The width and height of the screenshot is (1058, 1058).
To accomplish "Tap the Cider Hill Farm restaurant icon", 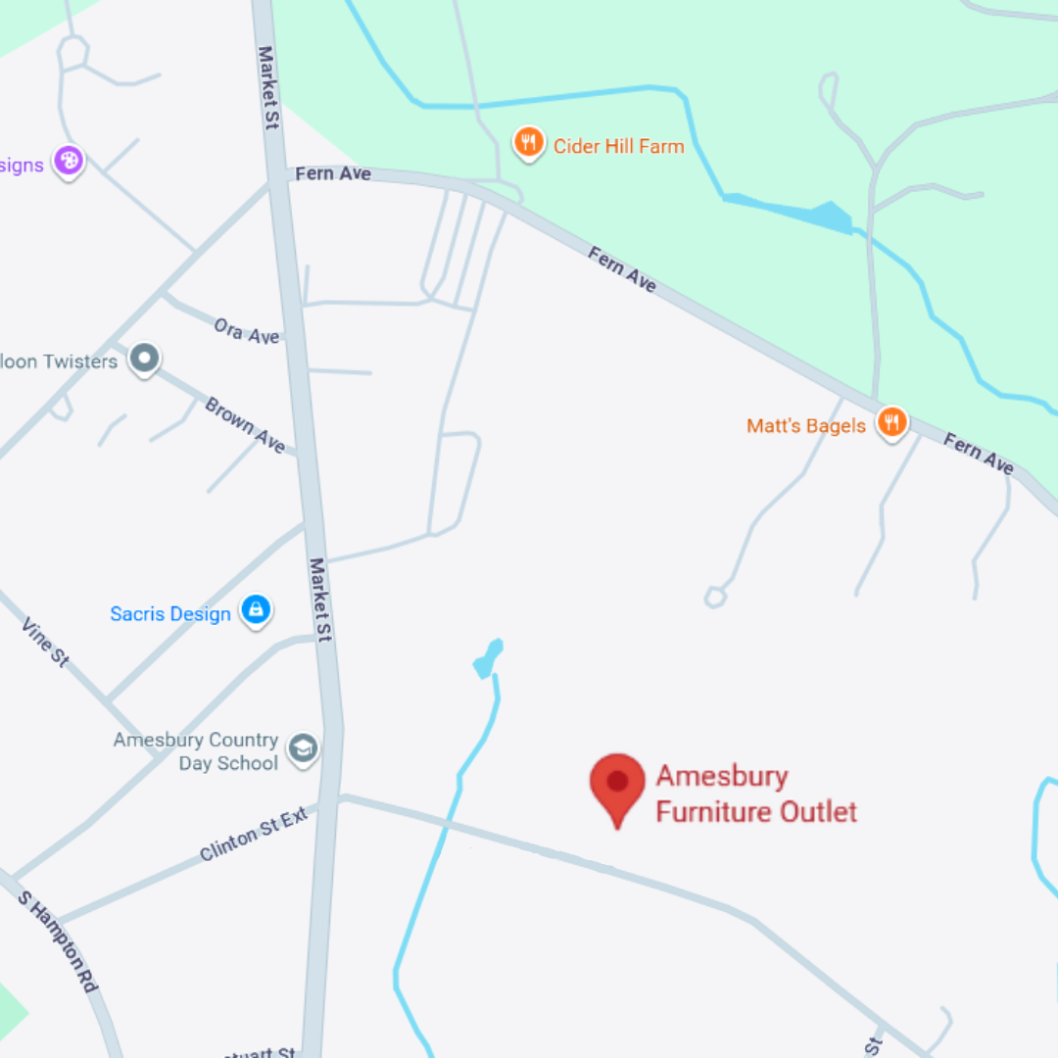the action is pyautogui.click(x=529, y=144).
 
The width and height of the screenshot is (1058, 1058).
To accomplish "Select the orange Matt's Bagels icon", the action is pyautogui.click(x=891, y=423).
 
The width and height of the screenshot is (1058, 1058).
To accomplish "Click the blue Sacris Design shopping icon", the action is pyautogui.click(x=256, y=611).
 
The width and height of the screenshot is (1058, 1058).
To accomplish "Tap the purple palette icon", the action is pyautogui.click(x=68, y=160).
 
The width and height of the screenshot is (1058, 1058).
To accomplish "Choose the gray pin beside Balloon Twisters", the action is pyautogui.click(x=145, y=359).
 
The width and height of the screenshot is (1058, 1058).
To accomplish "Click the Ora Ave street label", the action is pyautogui.click(x=247, y=331).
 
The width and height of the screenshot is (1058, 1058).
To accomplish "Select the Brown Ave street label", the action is pyautogui.click(x=245, y=425).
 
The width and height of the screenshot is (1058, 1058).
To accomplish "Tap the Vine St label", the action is pyautogui.click(x=45, y=642).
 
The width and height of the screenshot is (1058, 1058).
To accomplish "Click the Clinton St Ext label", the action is pyautogui.click(x=254, y=834).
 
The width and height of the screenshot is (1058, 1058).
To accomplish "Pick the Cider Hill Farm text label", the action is pyautogui.click(x=618, y=146).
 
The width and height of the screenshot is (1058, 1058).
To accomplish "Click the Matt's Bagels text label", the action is pyautogui.click(x=806, y=425).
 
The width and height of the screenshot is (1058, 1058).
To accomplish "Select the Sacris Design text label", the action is pyautogui.click(x=170, y=614).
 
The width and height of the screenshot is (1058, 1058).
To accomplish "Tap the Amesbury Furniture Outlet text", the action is pyautogui.click(x=755, y=794).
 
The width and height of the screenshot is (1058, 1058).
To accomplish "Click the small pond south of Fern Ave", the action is pyautogui.click(x=488, y=659).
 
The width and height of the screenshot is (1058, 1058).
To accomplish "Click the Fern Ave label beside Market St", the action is pyautogui.click(x=333, y=173).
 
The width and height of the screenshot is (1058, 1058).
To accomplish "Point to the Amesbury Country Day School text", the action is pyautogui.click(x=196, y=751).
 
